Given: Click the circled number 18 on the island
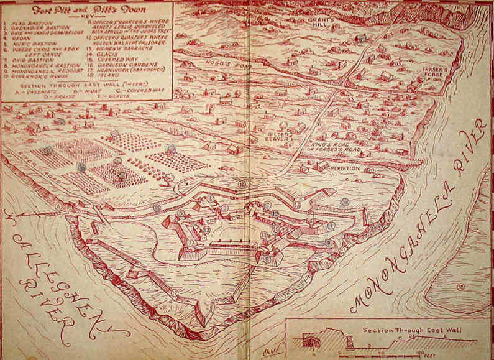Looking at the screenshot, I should tap(459, 286).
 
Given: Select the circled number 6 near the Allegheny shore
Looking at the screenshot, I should tap(58, 206).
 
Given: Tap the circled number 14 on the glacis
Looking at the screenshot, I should tap(345, 202).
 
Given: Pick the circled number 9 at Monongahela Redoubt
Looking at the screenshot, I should tap(328, 242).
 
